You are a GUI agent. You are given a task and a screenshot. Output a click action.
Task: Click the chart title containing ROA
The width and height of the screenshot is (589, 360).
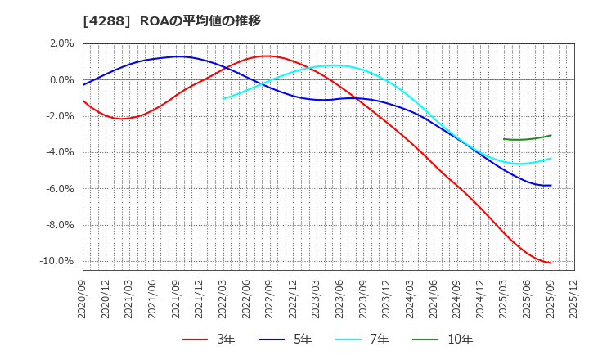coord(172,20)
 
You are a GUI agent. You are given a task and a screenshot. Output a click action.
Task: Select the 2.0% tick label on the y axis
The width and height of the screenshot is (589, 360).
coord(62,44)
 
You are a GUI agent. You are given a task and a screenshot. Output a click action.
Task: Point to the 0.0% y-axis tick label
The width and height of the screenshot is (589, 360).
coord(62,80)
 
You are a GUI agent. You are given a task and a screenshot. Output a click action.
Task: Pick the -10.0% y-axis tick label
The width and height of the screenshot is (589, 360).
coord(58,261)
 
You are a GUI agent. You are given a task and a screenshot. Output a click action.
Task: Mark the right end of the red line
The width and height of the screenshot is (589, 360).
coord(551,263)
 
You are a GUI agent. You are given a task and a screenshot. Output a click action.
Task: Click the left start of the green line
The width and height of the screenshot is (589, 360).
coord(504,139)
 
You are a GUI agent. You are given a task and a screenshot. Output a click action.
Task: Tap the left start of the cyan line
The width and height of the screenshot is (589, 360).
coord(223,99)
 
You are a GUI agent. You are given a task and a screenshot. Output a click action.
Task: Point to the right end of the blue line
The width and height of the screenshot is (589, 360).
coord(551,185)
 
